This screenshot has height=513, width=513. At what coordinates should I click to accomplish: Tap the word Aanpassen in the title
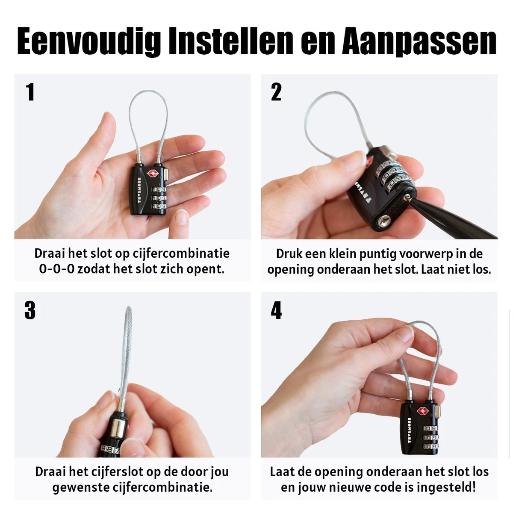pos(419,42)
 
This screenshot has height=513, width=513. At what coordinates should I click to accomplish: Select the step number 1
pos(30,91)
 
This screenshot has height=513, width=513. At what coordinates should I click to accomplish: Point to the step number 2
pos(276,91)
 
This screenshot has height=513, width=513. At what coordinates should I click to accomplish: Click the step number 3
pos(30,310)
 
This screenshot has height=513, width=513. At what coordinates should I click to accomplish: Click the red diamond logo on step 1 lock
pos(153,174)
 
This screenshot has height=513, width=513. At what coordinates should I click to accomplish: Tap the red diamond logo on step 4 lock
pos(422,411)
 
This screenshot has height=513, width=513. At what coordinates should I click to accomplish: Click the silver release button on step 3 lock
pos(118,429)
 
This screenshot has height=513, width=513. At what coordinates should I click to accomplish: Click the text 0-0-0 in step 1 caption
pos(57,269)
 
